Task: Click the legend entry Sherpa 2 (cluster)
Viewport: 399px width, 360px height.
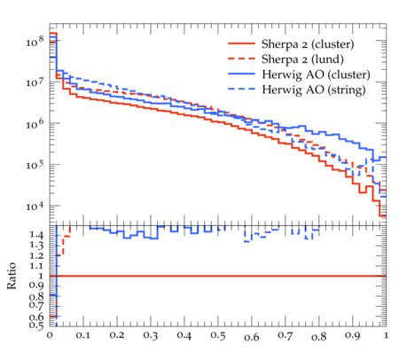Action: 308,44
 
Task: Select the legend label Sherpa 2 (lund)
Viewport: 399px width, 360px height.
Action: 302,59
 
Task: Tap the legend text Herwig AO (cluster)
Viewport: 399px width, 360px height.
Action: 316,74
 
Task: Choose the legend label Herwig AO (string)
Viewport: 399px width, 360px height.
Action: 314,90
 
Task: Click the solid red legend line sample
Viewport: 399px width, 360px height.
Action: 241,43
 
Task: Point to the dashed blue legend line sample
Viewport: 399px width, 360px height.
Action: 241,89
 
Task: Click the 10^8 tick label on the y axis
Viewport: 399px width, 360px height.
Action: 35,41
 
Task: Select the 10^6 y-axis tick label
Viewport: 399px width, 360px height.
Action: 35,123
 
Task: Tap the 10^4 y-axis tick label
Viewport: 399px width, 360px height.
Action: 35,206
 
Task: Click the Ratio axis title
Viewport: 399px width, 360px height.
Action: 12,276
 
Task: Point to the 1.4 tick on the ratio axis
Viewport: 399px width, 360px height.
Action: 36,235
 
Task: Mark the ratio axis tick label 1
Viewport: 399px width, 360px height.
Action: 41,276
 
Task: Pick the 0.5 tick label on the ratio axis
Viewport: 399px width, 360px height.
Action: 36,325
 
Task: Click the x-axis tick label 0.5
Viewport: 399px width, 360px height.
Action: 218,336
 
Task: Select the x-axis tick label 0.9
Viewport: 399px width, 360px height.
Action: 353,336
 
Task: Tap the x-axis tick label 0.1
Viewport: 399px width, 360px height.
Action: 83,336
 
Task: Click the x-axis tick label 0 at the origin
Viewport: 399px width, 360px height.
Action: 50,336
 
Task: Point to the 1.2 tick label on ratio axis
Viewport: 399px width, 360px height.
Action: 36,255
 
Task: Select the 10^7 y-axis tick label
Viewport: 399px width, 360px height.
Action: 35,82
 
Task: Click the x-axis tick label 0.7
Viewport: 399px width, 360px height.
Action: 286,336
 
